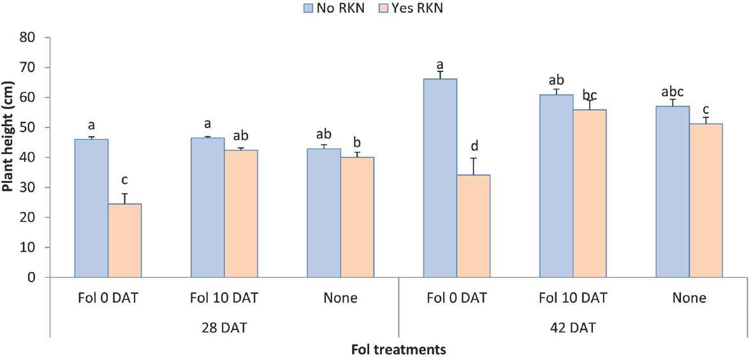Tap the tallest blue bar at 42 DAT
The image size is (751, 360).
[x=440, y=178]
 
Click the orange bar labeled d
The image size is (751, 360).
[x=473, y=226]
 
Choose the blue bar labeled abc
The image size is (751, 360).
[x=673, y=191]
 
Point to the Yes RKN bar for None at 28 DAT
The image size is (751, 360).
[x=357, y=217]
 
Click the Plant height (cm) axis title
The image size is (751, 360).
[x=8, y=155]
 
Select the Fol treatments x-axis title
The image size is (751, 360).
[x=398, y=349]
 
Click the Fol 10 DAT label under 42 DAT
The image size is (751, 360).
[x=572, y=298]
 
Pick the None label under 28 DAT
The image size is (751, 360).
[x=340, y=298]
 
